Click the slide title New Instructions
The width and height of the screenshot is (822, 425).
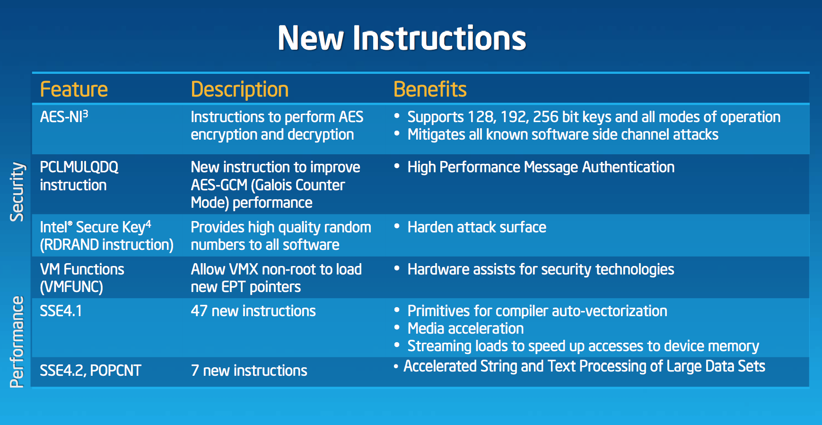click(x=402, y=38)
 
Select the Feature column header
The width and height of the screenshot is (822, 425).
click(x=74, y=89)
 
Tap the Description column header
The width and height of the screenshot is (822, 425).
click(x=240, y=90)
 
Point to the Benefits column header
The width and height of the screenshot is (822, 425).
click(x=430, y=89)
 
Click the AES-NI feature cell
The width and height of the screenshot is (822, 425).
click(x=64, y=116)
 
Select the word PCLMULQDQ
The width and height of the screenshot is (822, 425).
click(x=79, y=167)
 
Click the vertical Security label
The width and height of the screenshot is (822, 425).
click(x=17, y=192)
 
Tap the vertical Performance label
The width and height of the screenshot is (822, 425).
click(x=17, y=342)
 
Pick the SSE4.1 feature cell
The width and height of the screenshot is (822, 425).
click(x=61, y=311)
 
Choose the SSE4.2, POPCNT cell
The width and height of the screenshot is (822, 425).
click(x=90, y=371)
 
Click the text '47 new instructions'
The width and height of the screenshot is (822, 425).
click(x=253, y=311)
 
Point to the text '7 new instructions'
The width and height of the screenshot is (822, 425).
click(x=249, y=371)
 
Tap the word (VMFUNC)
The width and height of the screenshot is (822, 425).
click(x=71, y=287)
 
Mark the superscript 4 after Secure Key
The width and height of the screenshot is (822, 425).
click(x=148, y=223)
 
